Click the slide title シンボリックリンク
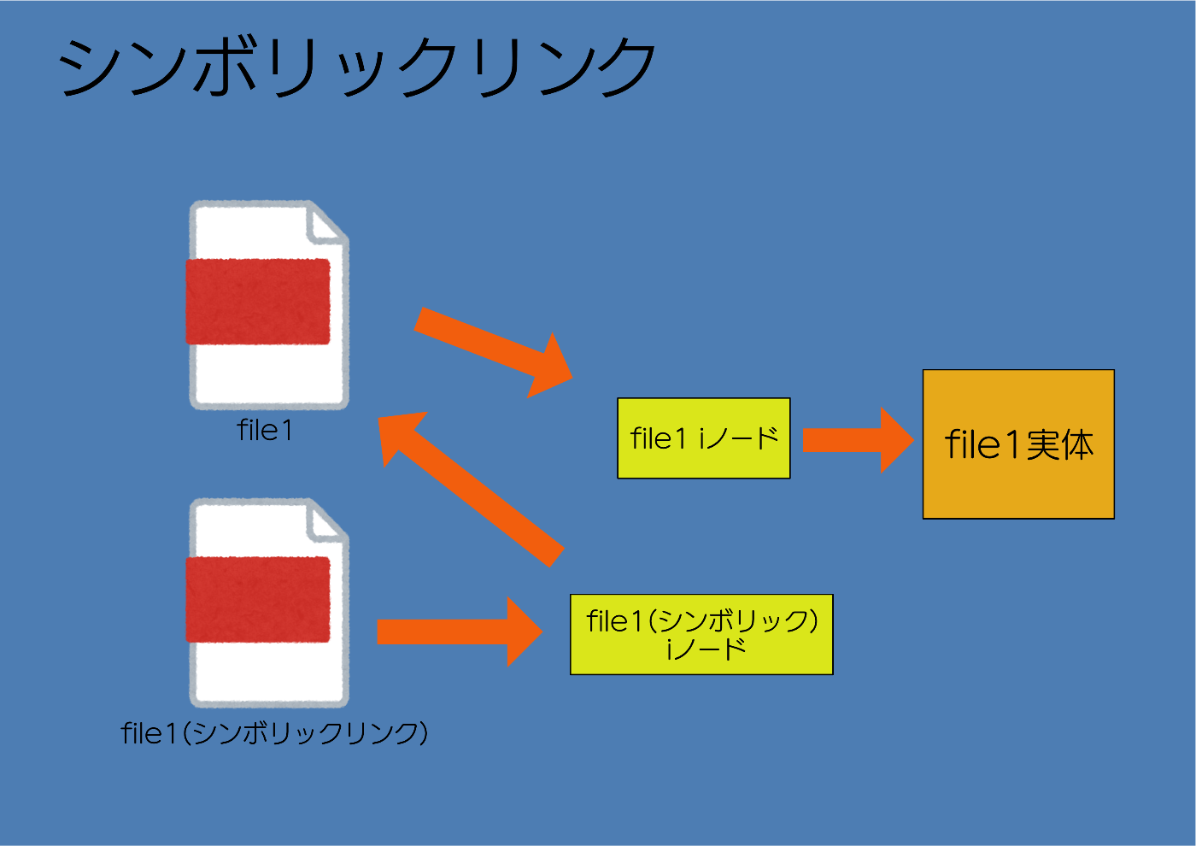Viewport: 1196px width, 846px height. click(x=357, y=67)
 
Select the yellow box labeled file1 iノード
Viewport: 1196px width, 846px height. click(x=704, y=438)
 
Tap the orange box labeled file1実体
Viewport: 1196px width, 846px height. click(x=1018, y=444)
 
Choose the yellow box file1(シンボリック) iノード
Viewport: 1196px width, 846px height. click(x=701, y=634)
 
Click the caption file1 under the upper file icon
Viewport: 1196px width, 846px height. click(x=265, y=430)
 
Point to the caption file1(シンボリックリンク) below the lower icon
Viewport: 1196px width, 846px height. click(x=274, y=733)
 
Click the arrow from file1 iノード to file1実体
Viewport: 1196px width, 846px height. click(x=859, y=440)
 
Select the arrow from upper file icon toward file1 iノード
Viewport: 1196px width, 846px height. click(x=494, y=352)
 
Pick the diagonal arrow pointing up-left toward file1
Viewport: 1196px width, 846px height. click(x=471, y=489)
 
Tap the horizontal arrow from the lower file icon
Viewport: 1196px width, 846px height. click(x=460, y=632)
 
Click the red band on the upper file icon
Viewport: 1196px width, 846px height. click(x=258, y=302)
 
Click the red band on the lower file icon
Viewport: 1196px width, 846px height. click(x=258, y=599)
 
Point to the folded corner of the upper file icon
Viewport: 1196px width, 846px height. click(x=326, y=224)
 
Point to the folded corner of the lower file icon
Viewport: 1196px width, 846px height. click(x=326, y=522)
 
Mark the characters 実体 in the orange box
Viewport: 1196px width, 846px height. click(x=1060, y=445)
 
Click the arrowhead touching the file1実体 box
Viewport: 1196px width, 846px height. click(x=897, y=440)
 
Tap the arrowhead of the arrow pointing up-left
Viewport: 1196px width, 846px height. click(x=400, y=436)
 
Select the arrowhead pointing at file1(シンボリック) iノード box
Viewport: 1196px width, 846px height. click(x=525, y=632)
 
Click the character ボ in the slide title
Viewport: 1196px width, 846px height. click(x=225, y=67)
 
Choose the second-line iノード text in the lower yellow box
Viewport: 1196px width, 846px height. click(x=706, y=649)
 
